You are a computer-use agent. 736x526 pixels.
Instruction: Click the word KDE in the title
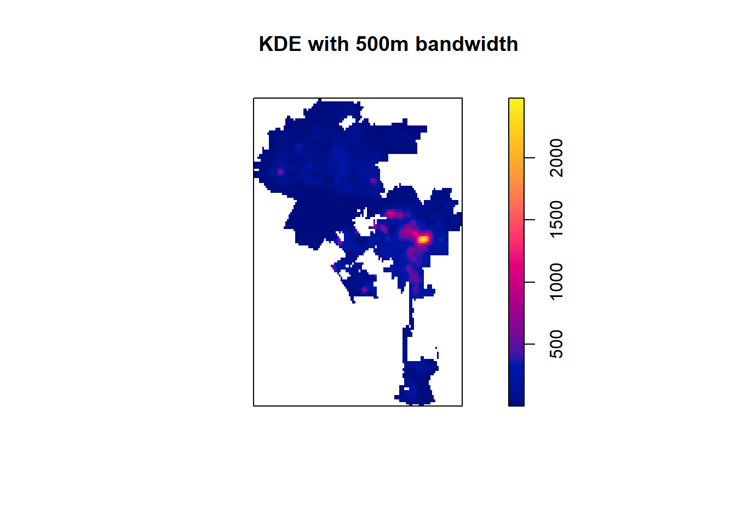point(280,44)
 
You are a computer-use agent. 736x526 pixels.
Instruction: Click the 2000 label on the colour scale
point(556,158)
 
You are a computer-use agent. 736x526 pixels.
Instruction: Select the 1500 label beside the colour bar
point(556,219)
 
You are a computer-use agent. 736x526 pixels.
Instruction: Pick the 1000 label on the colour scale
point(556,282)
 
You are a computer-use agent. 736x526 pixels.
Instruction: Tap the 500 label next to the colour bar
point(556,344)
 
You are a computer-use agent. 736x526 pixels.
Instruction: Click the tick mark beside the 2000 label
point(530,158)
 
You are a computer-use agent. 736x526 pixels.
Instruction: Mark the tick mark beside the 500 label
point(530,344)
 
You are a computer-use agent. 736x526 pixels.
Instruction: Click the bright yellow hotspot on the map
point(423,239)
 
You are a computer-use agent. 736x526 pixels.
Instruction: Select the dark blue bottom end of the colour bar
point(516,402)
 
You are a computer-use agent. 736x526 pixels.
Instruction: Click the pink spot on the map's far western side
point(280,171)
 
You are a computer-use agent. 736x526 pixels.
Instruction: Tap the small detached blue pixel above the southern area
point(436,348)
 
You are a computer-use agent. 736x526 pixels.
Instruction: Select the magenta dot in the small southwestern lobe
point(364,289)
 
